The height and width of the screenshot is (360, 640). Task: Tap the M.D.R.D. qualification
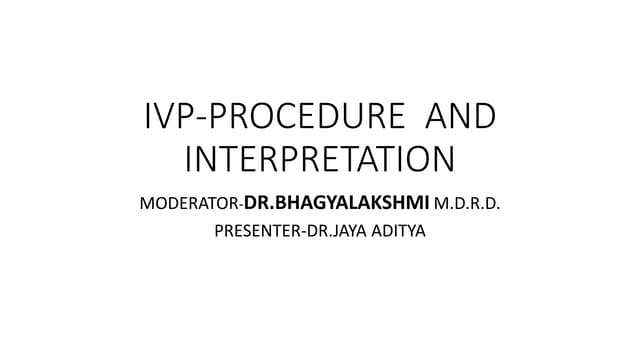[x=468, y=206]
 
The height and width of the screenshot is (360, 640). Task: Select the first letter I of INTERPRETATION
[x=190, y=160]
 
